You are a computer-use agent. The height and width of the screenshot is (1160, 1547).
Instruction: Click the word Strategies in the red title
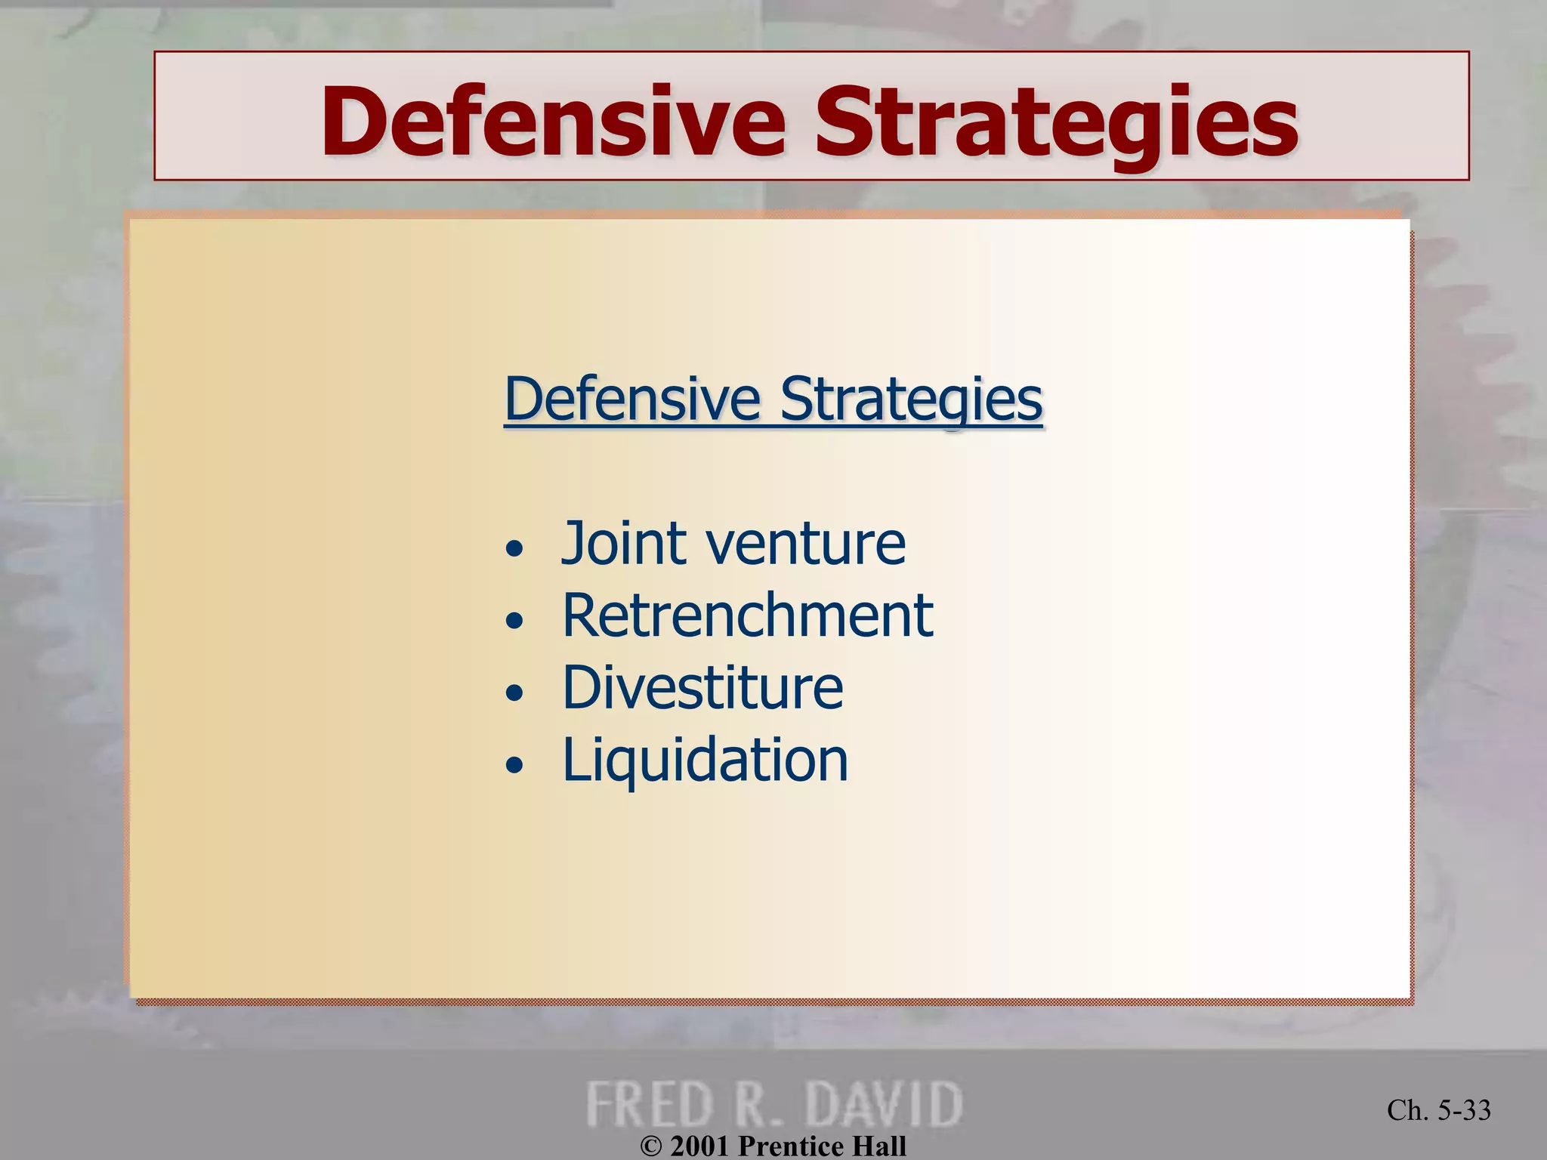coord(1056,122)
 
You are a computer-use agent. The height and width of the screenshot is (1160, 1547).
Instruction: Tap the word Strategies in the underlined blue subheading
coord(911,400)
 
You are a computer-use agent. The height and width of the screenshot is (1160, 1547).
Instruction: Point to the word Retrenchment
coord(748,615)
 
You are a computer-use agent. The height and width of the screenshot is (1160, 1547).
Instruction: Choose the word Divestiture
coord(702,687)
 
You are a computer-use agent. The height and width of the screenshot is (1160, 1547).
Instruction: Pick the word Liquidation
coord(706,760)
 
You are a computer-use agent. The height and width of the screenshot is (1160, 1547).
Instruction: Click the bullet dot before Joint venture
coord(514,548)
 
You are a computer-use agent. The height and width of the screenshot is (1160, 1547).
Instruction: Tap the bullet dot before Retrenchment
coord(514,621)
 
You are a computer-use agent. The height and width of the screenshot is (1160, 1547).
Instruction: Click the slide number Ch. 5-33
coord(1438,1110)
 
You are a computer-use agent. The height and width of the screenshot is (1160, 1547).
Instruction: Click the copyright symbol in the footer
coord(651,1147)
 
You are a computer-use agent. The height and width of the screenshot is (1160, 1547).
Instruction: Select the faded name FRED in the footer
coord(650,1104)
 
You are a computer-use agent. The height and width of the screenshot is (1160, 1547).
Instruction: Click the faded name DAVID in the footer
coord(884,1104)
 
